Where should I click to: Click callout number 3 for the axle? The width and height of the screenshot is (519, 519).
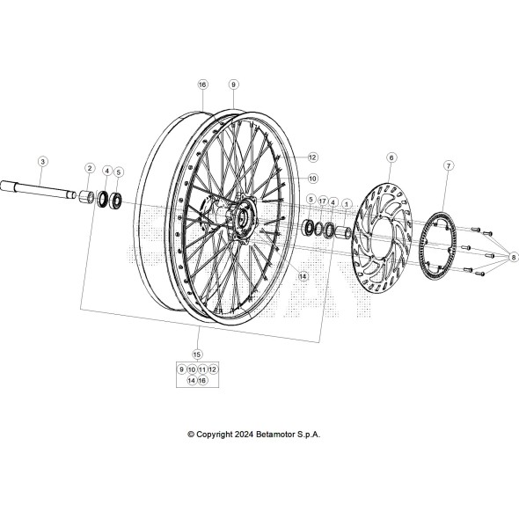coord(42,161)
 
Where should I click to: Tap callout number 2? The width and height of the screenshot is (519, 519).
coord(90,167)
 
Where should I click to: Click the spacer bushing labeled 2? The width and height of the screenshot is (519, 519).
coord(89,196)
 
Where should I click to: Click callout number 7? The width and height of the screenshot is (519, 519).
coord(449,165)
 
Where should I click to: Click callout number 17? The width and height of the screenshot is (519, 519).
coord(322,201)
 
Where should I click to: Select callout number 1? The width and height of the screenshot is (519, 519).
coord(346,202)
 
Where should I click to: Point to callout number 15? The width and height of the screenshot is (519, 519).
coord(196,354)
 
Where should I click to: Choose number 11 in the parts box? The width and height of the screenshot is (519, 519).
coord(202,369)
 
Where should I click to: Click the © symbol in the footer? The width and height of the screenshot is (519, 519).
coord(191,434)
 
